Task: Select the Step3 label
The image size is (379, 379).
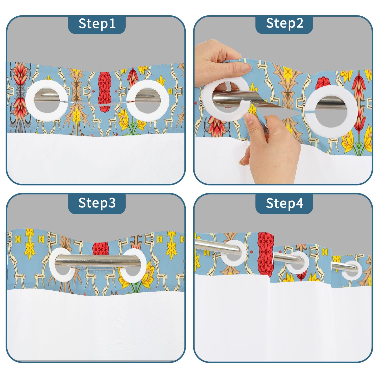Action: pos(97,203)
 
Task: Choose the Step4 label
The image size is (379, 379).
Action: pos(285,203)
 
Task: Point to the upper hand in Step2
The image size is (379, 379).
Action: pos(220,63)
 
